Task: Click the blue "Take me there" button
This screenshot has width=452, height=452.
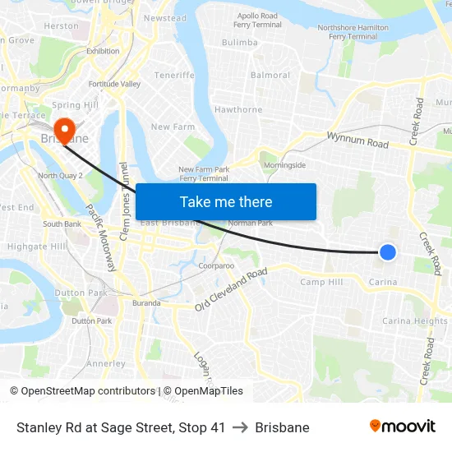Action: coord(226,201)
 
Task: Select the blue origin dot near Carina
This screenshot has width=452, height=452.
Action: coord(388,252)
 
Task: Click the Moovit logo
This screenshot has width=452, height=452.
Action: coord(402,427)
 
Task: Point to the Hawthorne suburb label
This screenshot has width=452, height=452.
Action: coord(238,109)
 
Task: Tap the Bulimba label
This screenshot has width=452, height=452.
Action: coord(240,42)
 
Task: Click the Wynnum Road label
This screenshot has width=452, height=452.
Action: coord(357,141)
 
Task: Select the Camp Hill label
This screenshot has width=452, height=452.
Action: coord(321,282)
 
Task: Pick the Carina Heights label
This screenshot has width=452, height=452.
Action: coord(415,321)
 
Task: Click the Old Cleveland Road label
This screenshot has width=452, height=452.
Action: coord(231,290)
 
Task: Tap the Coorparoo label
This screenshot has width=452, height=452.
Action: coord(217,266)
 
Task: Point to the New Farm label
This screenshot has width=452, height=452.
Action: coord(172,127)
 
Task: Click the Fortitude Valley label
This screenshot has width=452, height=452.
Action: coord(114,84)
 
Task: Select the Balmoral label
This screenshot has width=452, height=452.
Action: coord(270,75)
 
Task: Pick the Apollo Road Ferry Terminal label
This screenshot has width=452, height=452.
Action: coord(259,21)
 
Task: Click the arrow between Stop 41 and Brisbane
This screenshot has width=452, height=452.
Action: coord(240,427)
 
